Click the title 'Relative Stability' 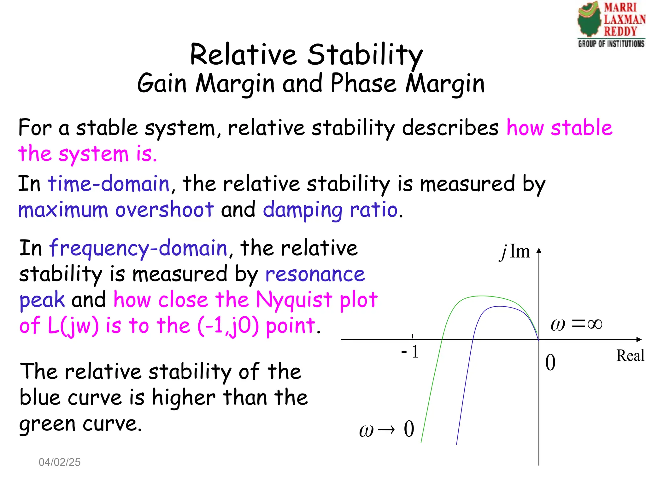[306, 55]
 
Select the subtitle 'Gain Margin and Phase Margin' [311, 84]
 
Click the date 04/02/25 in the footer [60, 462]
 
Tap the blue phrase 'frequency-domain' [138, 248]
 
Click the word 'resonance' [315, 274]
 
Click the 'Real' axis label [630, 356]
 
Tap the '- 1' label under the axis [409, 352]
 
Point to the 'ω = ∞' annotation [576, 324]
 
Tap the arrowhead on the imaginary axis [539, 251]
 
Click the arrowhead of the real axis [639, 339]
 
